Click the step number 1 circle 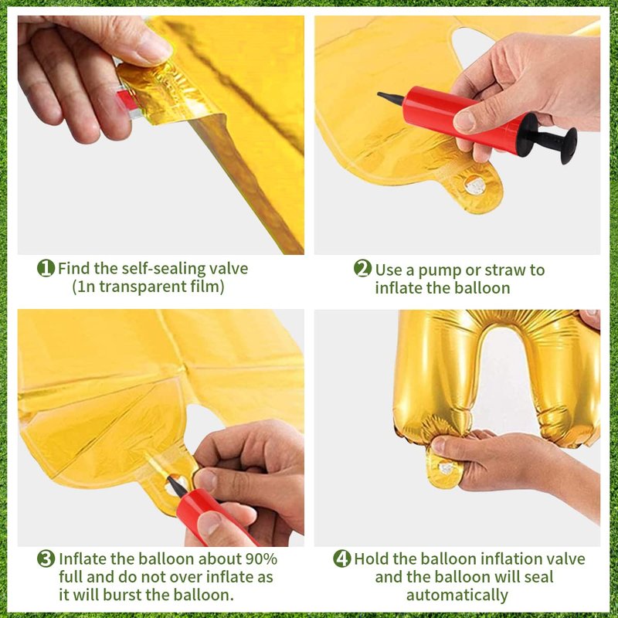click(46, 268)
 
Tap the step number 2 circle click(362, 268)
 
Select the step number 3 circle click(46, 559)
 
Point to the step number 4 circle click(341, 559)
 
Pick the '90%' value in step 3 click(261, 559)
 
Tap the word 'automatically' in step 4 click(457, 595)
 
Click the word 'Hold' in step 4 click(372, 559)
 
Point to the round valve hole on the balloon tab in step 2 click(475, 185)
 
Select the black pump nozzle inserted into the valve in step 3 click(177, 487)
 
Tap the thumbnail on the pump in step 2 click(466, 122)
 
